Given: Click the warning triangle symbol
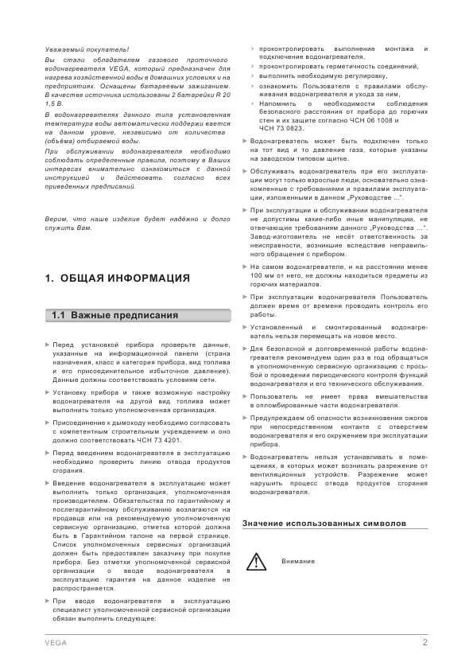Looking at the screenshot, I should coord(257,562).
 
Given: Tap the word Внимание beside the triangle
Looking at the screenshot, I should coord(297,561).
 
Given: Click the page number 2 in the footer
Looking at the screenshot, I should coord(425,641).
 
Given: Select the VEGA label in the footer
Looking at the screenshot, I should coord(56,642).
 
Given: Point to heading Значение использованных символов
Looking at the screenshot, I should coord(324,523).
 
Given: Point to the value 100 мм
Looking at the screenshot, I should coord(261,275).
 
